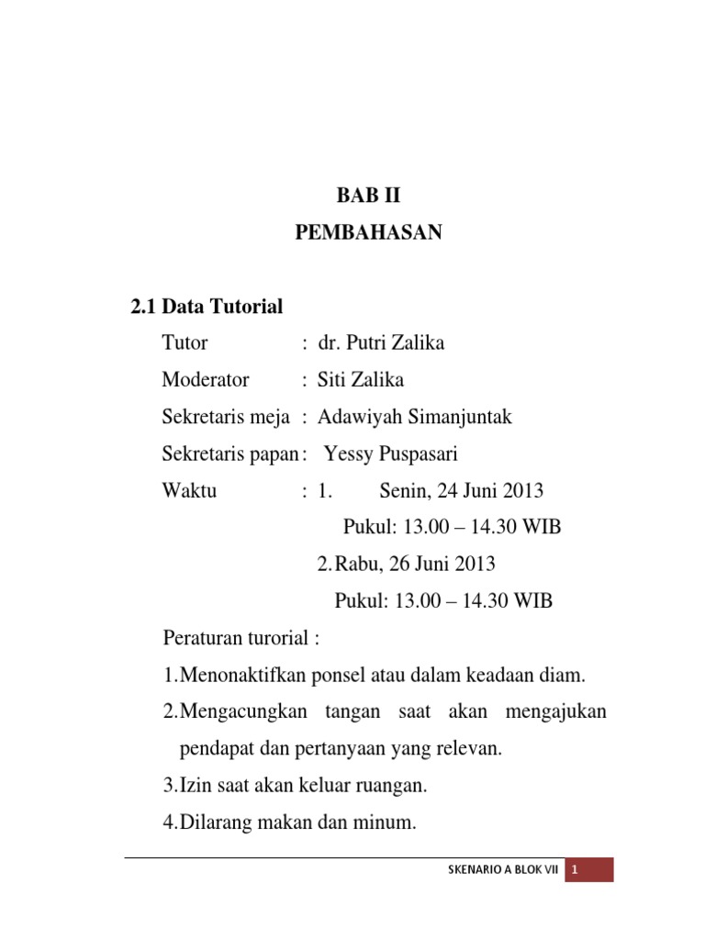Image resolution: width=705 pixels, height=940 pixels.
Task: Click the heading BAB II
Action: coord(368,196)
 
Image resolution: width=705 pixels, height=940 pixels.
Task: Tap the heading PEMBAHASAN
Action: coord(368,233)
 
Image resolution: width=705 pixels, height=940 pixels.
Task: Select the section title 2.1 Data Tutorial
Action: coord(207,308)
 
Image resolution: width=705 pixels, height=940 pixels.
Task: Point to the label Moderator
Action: coord(206,381)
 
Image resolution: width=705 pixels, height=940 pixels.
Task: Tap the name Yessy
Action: coord(351,454)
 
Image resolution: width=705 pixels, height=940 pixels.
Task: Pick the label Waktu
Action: coord(189,491)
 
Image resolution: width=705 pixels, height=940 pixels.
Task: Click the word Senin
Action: coord(405,491)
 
